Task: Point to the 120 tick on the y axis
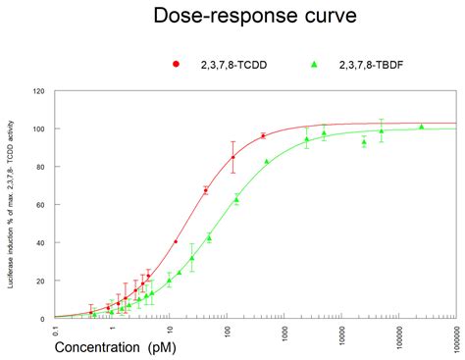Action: click(x=39, y=91)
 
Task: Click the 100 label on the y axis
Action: click(x=39, y=129)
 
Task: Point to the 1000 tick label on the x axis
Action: click(x=284, y=332)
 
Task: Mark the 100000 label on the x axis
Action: click(x=398, y=334)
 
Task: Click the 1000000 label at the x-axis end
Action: click(x=455, y=335)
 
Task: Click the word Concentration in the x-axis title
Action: click(x=97, y=347)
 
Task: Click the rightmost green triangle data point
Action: click(x=421, y=127)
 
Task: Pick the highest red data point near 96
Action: click(x=263, y=135)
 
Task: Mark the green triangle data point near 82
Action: click(x=267, y=161)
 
